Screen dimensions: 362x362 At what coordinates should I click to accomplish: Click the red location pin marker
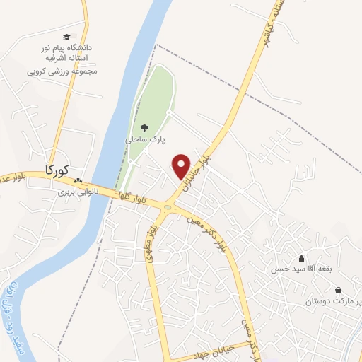[x=182, y=166]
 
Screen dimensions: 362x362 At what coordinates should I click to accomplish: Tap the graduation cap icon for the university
[x=66, y=37]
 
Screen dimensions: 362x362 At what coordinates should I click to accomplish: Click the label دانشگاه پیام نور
[x=69, y=47]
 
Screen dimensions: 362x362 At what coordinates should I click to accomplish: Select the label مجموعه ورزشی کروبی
[x=62, y=71]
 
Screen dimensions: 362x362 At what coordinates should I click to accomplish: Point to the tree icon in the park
[x=144, y=128]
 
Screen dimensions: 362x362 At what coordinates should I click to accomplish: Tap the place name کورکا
[x=57, y=170]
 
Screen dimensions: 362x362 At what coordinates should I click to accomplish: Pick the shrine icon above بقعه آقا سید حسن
[x=302, y=258]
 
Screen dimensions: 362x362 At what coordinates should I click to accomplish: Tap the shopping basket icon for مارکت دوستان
[x=339, y=290]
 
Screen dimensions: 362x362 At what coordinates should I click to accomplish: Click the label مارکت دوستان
[x=333, y=302]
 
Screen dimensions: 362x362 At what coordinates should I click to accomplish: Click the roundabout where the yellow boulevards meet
[x=168, y=207]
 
